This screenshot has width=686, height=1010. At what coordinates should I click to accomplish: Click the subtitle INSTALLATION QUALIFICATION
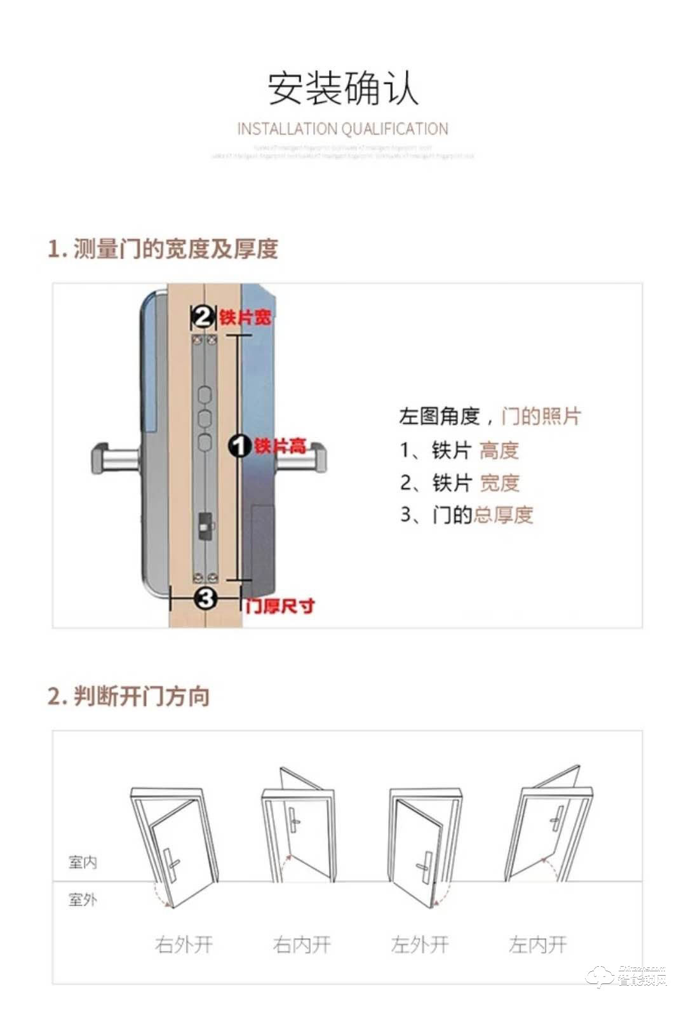[x=343, y=129]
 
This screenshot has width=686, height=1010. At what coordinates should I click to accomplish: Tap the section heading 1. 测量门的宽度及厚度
[x=163, y=248]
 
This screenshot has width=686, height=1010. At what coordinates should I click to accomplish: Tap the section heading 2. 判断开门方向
[x=129, y=696]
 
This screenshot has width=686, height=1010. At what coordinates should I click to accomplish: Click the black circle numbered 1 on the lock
[x=239, y=446]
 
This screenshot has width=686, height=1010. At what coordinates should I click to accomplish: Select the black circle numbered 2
[x=203, y=316]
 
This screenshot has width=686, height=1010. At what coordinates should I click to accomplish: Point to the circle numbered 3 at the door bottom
[x=206, y=598]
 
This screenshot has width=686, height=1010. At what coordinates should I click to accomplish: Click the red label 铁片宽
[x=245, y=317]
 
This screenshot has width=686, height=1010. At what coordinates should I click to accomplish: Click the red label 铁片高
[x=280, y=446]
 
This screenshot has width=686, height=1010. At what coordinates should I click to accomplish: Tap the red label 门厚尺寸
[x=280, y=606]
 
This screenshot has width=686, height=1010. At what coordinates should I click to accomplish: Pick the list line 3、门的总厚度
[x=466, y=515]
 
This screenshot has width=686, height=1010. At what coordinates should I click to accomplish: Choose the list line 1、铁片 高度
[x=459, y=450]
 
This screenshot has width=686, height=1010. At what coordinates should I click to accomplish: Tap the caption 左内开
[x=537, y=945]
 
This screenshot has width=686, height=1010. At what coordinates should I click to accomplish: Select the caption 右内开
[x=302, y=945]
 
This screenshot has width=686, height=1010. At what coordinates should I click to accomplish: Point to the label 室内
[x=83, y=862]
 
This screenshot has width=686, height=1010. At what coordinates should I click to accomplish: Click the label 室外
[x=83, y=899]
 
